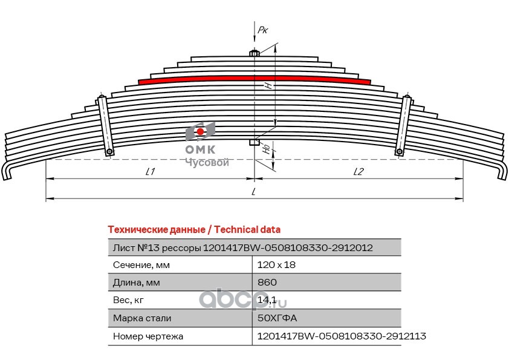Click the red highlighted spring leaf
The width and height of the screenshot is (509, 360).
tap(254, 79)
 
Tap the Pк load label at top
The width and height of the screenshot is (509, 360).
tap(262, 29)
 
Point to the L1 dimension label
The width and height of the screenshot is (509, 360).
tap(151, 172)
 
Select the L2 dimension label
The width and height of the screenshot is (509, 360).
tap(358, 172)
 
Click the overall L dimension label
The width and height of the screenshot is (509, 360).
tap(254, 192)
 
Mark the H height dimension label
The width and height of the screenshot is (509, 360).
tap(267, 86)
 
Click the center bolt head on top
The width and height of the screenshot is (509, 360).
tap(254, 53)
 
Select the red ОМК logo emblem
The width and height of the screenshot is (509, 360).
tap(199, 131)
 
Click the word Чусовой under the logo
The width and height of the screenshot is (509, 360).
tap(207, 163)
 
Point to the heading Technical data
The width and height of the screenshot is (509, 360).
tap(193, 230)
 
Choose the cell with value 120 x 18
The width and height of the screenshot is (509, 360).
tap(276, 265)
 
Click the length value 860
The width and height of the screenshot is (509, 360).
tap(267, 283)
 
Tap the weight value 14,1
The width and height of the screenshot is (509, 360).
tap(267, 300)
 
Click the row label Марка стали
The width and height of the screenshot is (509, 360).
tap(142, 318)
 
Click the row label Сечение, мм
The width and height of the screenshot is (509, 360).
tap(141, 265)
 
